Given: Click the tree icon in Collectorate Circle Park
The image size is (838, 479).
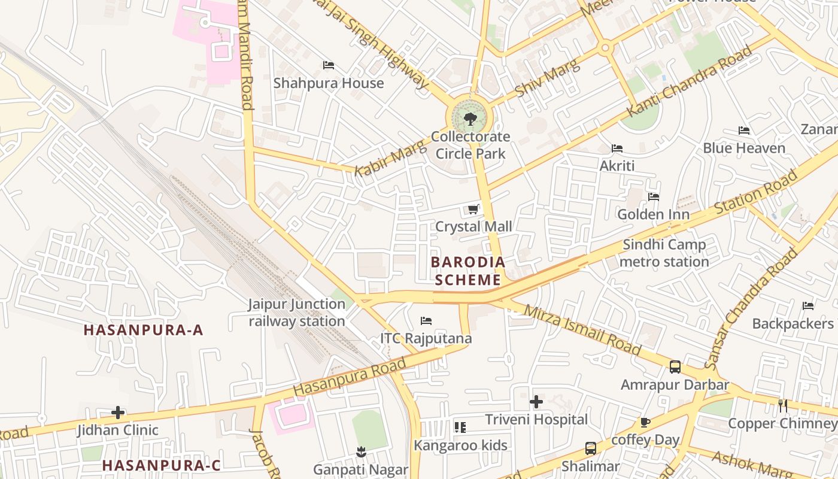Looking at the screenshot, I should (x=470, y=119).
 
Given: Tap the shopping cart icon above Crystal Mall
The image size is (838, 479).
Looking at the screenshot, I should (x=473, y=209).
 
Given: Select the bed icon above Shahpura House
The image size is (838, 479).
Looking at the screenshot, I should (x=328, y=65).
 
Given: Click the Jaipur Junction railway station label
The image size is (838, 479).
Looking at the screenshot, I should (x=297, y=313).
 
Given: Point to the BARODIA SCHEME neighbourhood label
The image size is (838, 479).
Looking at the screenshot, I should (x=468, y=271).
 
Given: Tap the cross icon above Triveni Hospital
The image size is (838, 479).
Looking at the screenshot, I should (x=536, y=401).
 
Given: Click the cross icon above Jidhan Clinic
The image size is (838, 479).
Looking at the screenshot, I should (x=118, y=412).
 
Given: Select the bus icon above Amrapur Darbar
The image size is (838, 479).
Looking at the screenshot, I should (x=675, y=366).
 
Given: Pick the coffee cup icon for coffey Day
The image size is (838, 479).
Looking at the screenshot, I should (x=645, y=422).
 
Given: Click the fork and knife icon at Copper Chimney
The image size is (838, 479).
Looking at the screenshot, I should (x=782, y=405).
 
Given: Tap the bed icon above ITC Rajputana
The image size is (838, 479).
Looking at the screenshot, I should (x=426, y=321).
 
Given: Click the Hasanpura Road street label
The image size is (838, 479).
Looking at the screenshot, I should (x=350, y=376).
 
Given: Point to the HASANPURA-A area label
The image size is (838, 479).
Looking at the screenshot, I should (x=143, y=330).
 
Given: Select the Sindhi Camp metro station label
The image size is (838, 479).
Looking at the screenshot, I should (x=664, y=253).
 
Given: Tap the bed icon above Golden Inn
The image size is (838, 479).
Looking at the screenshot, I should (x=653, y=196).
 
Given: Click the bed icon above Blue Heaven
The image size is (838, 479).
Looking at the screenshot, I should (x=743, y=131).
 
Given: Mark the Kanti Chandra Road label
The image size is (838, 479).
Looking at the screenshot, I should (x=688, y=83).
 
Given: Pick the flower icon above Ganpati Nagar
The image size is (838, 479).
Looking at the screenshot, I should (x=360, y=451).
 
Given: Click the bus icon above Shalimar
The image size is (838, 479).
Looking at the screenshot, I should (x=590, y=448).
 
